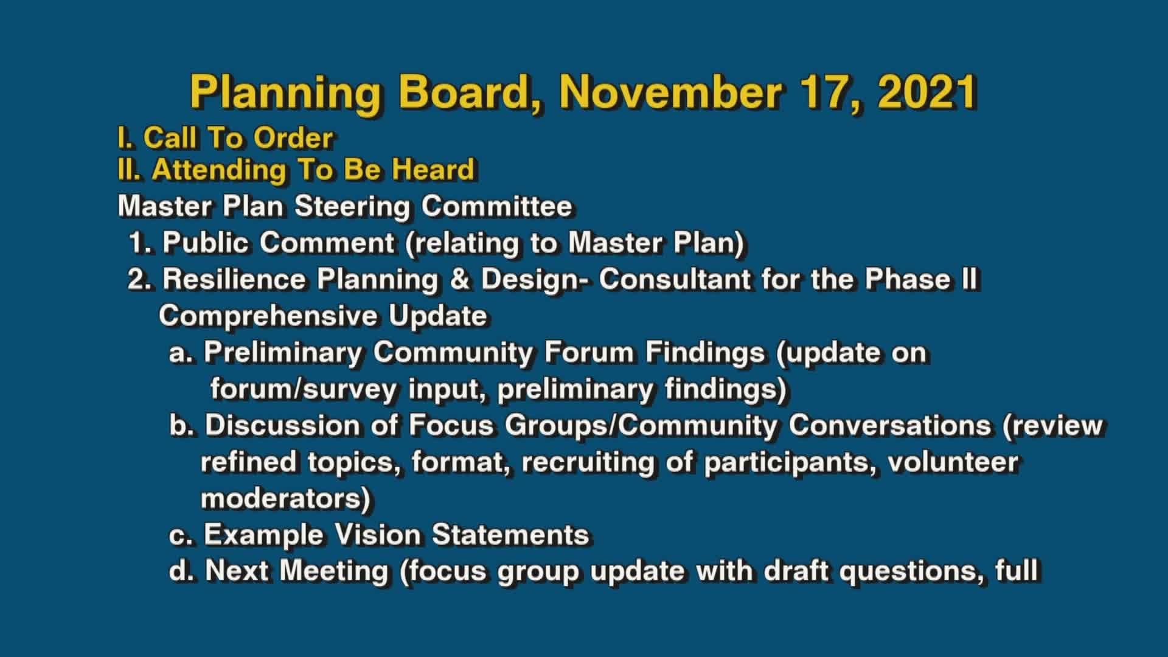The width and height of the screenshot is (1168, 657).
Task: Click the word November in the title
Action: [x=670, y=92]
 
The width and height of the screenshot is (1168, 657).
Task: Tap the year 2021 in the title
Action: [x=927, y=92]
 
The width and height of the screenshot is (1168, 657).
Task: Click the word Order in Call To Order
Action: [x=293, y=139]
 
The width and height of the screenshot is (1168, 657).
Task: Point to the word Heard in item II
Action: [x=433, y=170]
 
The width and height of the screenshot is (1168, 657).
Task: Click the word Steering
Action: [x=352, y=207]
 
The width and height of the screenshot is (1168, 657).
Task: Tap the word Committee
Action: [x=496, y=207]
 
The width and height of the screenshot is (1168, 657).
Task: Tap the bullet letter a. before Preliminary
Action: [x=181, y=353]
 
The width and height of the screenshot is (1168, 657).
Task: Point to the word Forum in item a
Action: [x=588, y=353]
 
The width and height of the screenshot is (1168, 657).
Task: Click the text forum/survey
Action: [x=303, y=389]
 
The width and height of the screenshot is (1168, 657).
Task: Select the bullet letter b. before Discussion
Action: [x=181, y=426]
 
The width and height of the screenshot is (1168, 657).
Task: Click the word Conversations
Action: [x=889, y=426]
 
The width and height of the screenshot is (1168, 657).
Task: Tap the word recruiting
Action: [x=588, y=462]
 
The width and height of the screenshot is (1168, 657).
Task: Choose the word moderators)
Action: [x=285, y=499]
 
